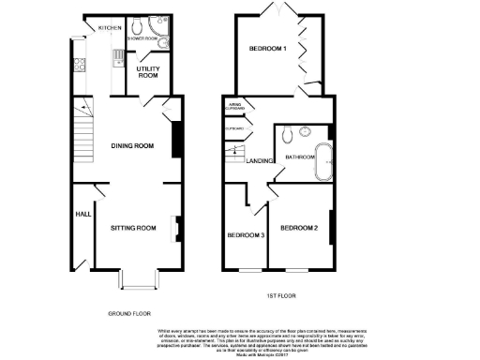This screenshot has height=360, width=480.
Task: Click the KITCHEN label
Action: (111, 28)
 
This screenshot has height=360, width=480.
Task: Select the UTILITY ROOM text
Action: (147, 73)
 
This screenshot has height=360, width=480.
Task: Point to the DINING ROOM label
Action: (132, 146)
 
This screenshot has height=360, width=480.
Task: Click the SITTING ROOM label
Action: (133, 228)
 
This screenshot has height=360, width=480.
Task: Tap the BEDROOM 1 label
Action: (268, 48)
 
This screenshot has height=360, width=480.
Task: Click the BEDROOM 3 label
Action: (245, 233)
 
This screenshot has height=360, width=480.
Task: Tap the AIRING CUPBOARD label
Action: (234, 108)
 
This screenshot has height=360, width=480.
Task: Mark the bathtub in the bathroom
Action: (325, 163)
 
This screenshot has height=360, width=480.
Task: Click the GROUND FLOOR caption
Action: (129, 313)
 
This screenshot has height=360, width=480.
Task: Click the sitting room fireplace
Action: (175, 228)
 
